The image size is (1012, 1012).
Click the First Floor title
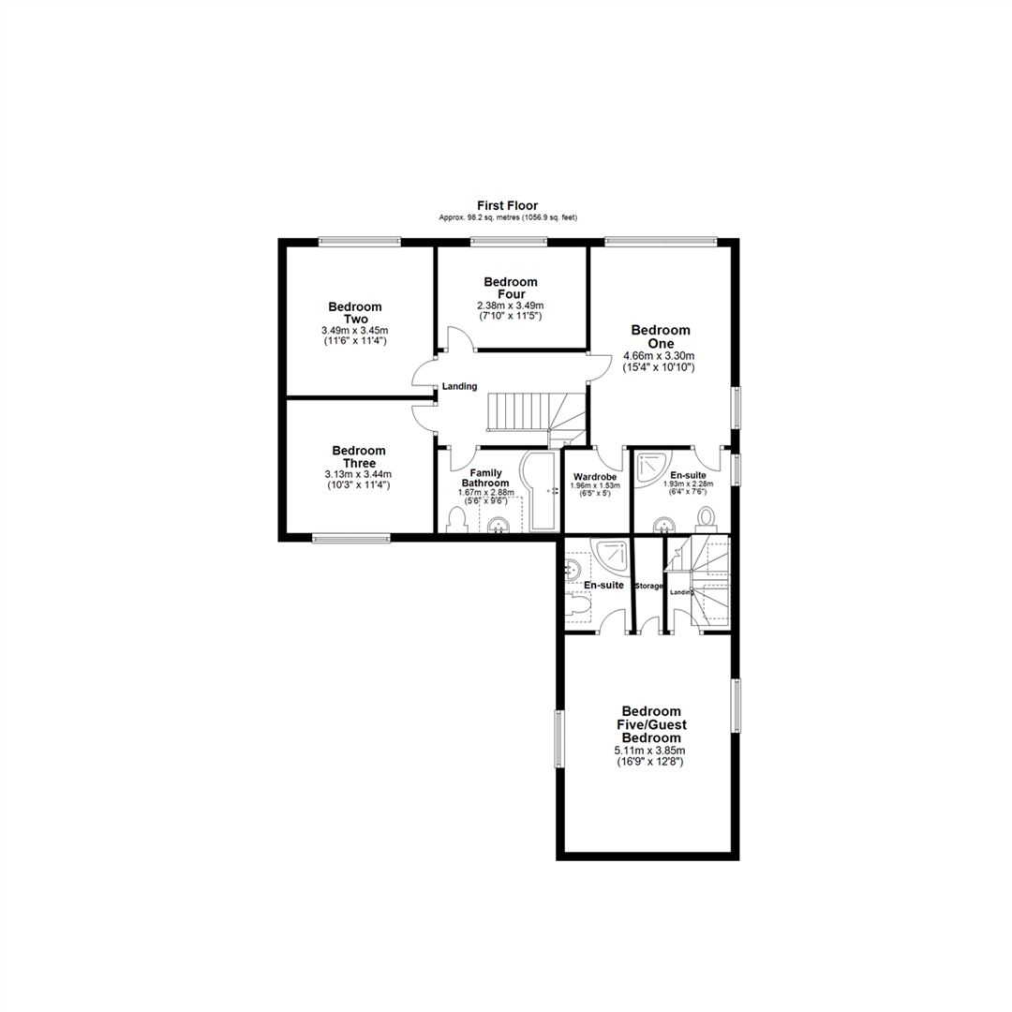(x=507, y=205)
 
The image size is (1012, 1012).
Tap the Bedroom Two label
(x=355, y=313)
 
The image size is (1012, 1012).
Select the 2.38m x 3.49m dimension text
(x=511, y=305)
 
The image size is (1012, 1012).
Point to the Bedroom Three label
(x=359, y=457)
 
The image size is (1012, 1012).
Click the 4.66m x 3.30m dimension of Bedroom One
(x=660, y=356)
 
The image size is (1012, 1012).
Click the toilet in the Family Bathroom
(x=457, y=519)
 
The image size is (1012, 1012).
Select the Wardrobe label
(x=595, y=476)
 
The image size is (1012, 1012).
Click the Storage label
(x=648, y=587)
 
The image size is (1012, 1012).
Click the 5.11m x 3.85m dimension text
(x=650, y=751)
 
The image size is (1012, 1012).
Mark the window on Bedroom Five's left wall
(x=560, y=739)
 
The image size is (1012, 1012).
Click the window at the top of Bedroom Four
(x=509, y=243)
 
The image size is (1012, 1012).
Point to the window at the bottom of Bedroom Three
(x=350, y=539)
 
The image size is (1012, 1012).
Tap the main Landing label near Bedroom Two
(x=460, y=387)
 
